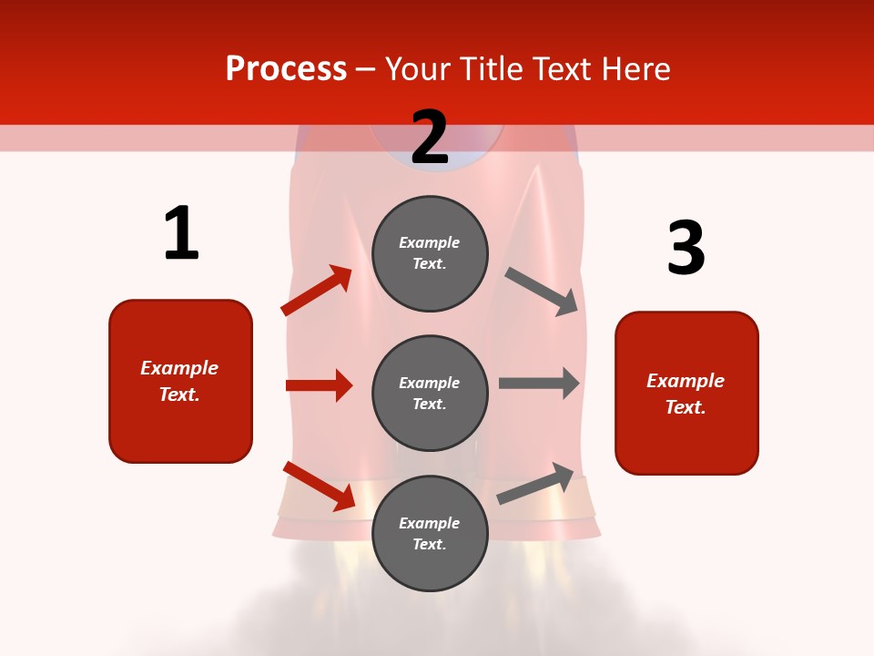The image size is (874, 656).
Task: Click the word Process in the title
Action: pyautogui.click(x=286, y=69)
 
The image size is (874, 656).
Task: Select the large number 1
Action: pyautogui.click(x=181, y=233)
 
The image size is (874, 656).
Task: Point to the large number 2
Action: pyautogui.click(x=430, y=138)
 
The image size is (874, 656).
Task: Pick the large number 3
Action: pyautogui.click(x=686, y=248)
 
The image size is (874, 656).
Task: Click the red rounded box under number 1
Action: pyautogui.click(x=180, y=381)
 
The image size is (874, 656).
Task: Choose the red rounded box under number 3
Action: pyautogui.click(x=686, y=393)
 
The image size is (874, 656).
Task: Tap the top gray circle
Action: pyautogui.click(x=430, y=253)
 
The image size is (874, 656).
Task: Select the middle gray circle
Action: pyautogui.click(x=430, y=393)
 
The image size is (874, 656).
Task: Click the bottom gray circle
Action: pyautogui.click(x=430, y=533)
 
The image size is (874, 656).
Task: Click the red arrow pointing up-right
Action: pyautogui.click(x=317, y=291)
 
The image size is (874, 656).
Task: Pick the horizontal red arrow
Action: pyautogui.click(x=319, y=385)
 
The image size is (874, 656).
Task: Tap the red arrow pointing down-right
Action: pyautogui.click(x=319, y=486)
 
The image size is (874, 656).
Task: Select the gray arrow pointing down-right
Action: pyautogui.click(x=542, y=292)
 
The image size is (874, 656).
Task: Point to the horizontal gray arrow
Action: pyautogui.click(x=539, y=384)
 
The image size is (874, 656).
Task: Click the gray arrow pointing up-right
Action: pyautogui.click(x=535, y=484)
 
